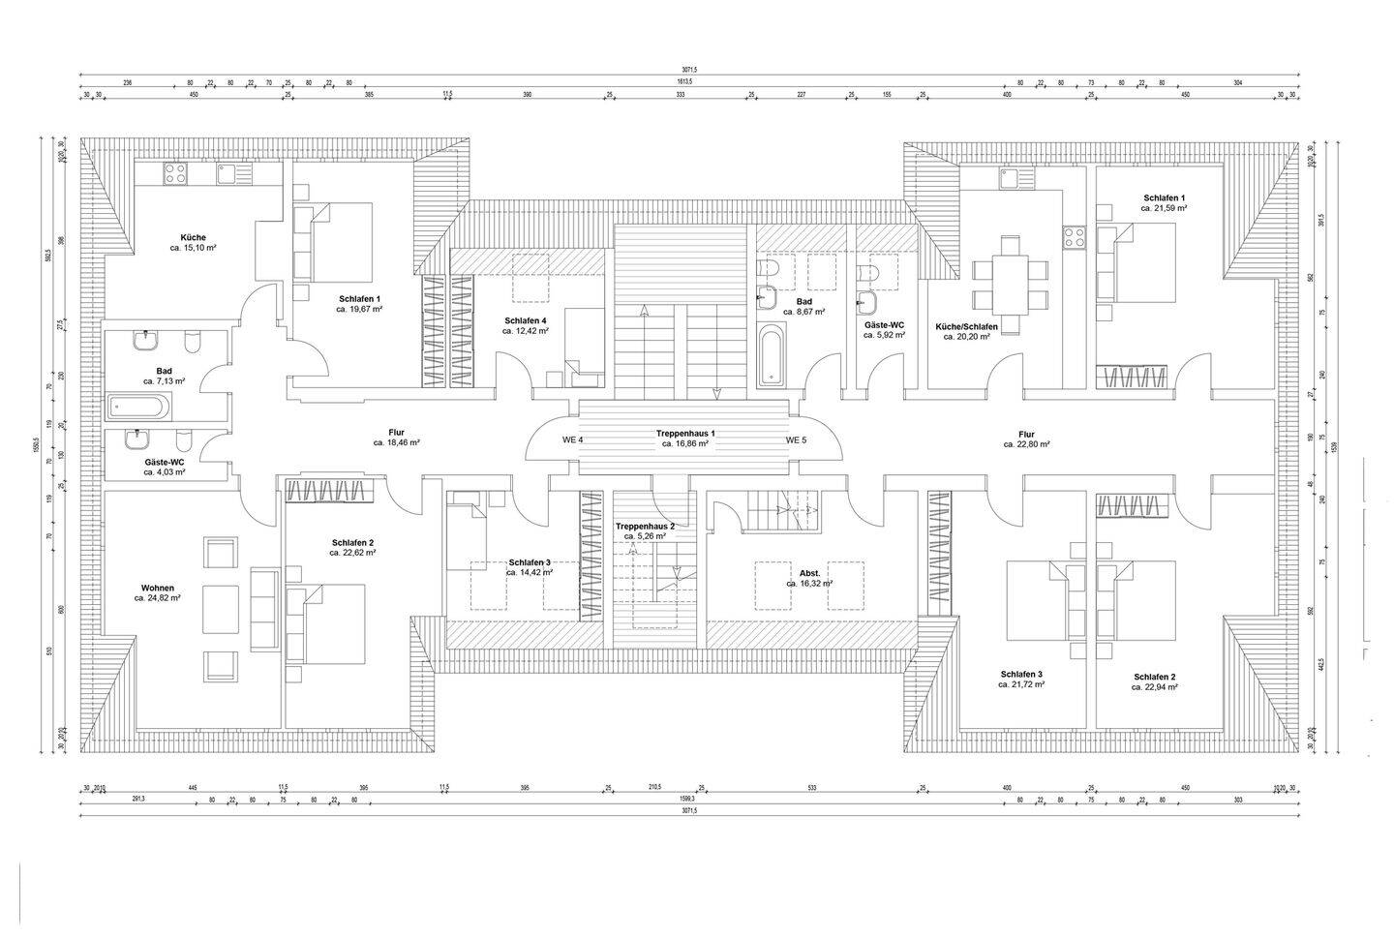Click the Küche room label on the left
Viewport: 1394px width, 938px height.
[193, 237]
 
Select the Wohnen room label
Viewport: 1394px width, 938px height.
[157, 588]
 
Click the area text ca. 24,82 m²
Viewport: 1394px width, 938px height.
[157, 598]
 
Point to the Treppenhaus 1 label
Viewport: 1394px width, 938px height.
[685, 433]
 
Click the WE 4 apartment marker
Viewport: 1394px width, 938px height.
[573, 439]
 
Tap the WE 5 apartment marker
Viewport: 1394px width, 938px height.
[796, 439]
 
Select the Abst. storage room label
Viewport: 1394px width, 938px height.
[809, 573]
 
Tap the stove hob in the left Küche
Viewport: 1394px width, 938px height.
[175, 174]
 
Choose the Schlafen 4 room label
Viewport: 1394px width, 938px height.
[525, 320]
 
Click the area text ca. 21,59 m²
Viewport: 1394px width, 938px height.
[1164, 208]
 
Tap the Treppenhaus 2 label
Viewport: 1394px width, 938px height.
[644, 526]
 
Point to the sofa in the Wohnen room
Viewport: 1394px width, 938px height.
[263, 608]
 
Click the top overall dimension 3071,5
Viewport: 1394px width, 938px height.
[689, 70]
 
